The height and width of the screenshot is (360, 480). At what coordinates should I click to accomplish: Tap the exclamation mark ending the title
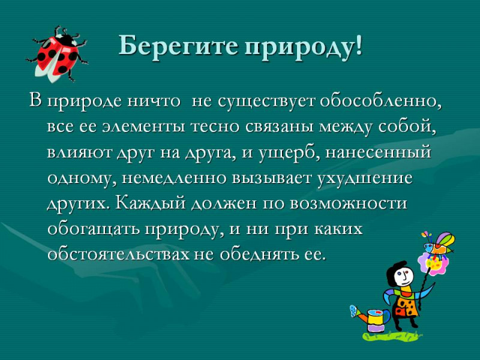[x=359, y=46]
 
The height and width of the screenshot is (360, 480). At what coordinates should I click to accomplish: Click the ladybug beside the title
[x=57, y=54]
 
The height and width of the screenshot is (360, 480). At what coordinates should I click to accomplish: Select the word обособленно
[x=381, y=101]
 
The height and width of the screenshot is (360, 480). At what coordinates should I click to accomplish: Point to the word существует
[x=266, y=101]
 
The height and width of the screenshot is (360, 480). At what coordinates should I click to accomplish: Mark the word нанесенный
[x=378, y=152]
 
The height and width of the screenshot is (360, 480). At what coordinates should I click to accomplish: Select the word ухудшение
[x=364, y=178]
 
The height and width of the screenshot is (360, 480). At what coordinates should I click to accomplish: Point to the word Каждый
[x=151, y=202]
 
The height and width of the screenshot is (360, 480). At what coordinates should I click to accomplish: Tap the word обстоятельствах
[x=118, y=254]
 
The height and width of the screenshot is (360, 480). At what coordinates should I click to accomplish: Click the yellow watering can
[x=371, y=318]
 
